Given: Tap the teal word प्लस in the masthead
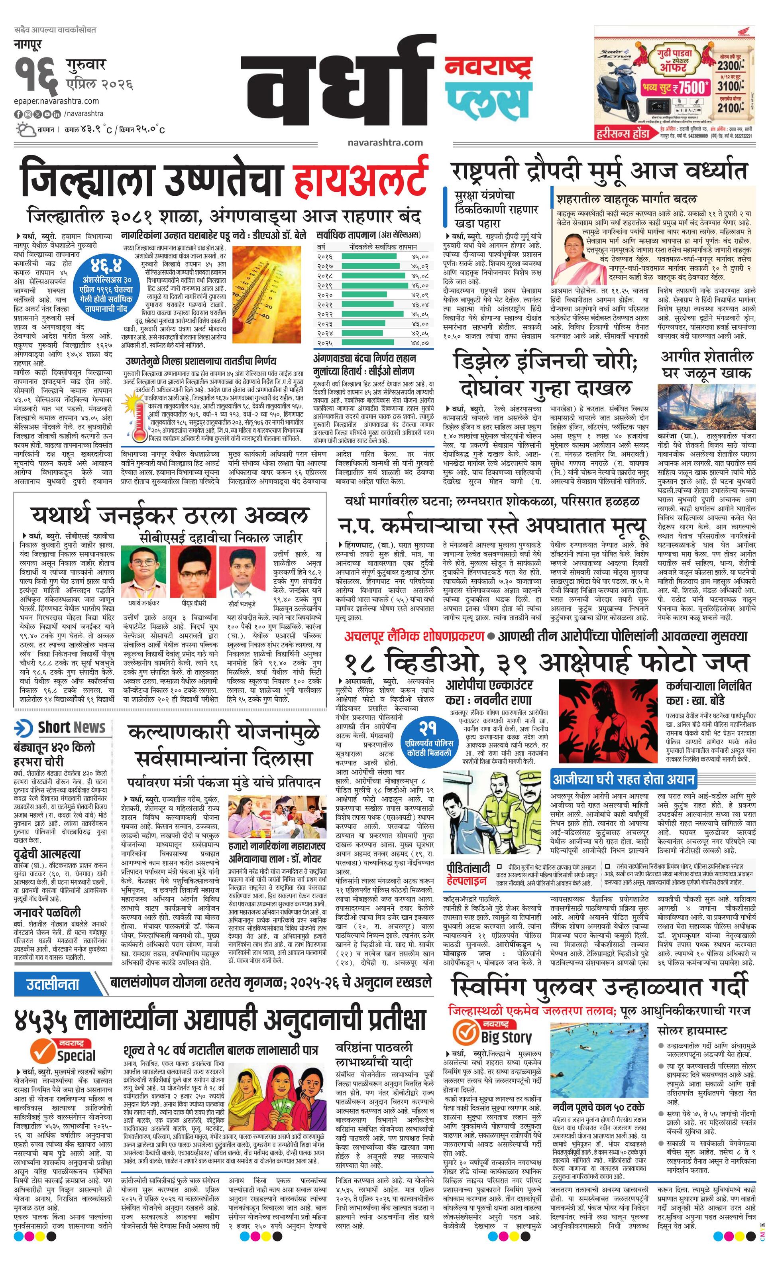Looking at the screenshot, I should tap(488, 100).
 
